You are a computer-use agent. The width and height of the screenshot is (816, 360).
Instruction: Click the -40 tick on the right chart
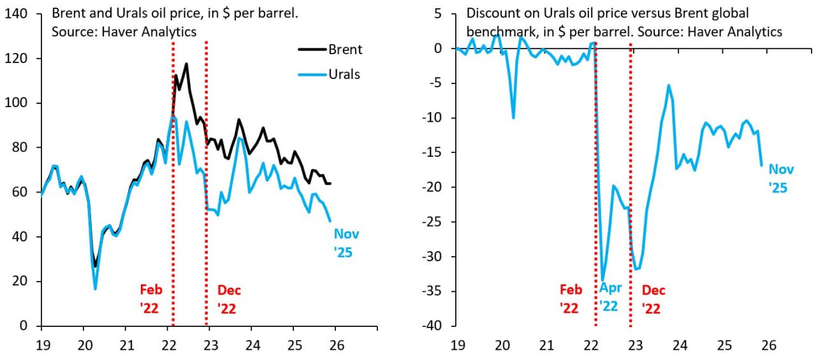435,326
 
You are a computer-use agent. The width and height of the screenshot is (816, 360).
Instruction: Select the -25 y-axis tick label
435,222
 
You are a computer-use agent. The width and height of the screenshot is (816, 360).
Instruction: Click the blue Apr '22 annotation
609,297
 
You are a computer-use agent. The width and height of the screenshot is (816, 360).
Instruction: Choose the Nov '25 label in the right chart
781,178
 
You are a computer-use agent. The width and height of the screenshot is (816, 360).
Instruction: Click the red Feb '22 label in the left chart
151,299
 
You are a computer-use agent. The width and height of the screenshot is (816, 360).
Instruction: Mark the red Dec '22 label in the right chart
653,299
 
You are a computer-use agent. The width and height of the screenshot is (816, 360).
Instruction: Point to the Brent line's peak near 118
186,64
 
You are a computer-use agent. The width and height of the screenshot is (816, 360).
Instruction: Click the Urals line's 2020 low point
95,289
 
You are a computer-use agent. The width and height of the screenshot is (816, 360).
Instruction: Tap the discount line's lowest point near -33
602,280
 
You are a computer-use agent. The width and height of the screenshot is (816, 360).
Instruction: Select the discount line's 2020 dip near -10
513,118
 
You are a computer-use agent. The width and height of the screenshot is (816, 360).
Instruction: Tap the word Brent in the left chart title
68,13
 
